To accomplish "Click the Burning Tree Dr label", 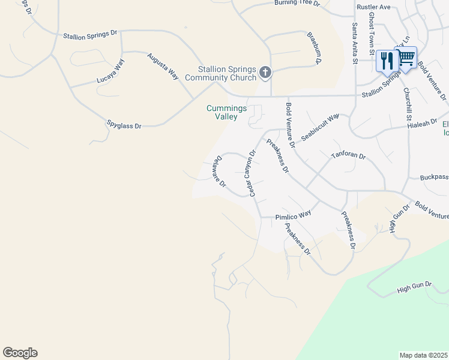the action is point(297,3).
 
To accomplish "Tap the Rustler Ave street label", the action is point(373,7).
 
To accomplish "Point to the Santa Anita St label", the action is point(355,42).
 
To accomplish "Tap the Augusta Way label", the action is point(164,66).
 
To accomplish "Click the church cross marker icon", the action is point(265,73).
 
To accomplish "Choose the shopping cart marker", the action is point(406,58).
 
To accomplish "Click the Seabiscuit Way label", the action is point(321,126).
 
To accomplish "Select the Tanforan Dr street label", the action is point(348,156).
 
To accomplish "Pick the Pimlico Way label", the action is point(293,214).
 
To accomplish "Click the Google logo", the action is point(20,353).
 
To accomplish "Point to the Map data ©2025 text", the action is point(424,355).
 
